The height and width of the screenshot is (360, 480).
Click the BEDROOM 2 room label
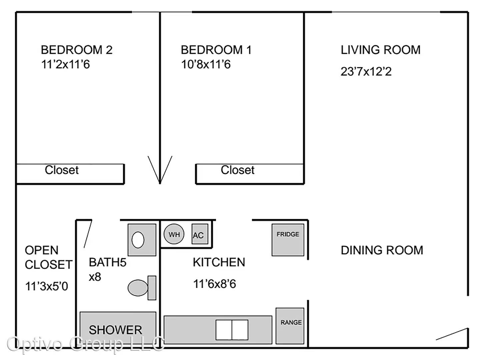point(77,50)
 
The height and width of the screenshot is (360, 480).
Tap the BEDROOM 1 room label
point(216,50)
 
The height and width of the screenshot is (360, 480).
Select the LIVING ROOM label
point(381,50)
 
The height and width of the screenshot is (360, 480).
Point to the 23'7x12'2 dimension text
point(366,71)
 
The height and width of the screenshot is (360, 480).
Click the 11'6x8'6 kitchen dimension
point(215,284)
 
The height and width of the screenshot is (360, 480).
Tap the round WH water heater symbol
point(174,234)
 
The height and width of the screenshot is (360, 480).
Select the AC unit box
point(200,234)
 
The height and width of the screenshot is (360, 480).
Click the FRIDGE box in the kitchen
point(288,240)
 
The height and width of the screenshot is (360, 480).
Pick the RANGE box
point(290,326)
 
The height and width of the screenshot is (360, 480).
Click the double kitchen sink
point(232,330)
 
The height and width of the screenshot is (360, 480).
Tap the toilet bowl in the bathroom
point(138,288)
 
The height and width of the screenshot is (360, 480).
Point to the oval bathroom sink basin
point(138,240)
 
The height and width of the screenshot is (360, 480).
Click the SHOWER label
point(115,330)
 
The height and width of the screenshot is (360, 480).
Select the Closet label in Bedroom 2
point(62,170)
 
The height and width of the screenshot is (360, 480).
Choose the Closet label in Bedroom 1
point(238,170)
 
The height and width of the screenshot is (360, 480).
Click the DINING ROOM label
point(382,250)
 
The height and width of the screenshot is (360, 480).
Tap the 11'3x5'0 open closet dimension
point(47,286)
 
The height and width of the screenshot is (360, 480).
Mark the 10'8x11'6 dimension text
point(206,64)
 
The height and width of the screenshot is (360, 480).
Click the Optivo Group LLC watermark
point(86,344)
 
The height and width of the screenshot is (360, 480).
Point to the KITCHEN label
point(219,262)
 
